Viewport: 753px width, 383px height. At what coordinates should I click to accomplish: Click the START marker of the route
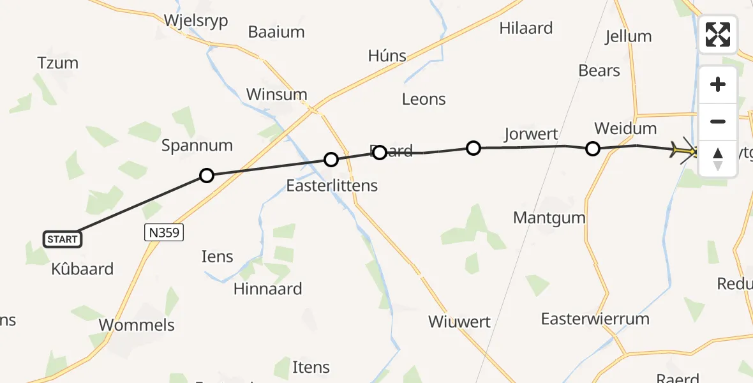[x=63, y=239]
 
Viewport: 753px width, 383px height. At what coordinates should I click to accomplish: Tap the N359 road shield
[x=163, y=234]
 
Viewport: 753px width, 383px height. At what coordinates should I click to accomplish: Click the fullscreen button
[x=718, y=34]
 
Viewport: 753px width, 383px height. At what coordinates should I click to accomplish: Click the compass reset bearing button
[x=718, y=158]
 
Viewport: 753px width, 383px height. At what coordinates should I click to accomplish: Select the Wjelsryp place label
[x=196, y=20]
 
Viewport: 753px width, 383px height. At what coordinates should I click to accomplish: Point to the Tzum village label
[x=58, y=63]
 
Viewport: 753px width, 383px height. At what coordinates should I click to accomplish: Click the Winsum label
[x=276, y=94]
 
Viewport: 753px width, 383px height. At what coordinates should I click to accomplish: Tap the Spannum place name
[x=197, y=146]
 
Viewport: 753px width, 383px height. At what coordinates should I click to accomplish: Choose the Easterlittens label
[x=332, y=186]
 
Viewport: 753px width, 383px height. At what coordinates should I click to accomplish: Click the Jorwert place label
[x=531, y=134]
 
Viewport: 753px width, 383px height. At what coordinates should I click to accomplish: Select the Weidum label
[x=625, y=128]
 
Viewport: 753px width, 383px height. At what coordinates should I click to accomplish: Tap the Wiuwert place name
[x=459, y=322]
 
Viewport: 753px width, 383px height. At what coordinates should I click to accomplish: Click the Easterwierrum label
[x=595, y=319]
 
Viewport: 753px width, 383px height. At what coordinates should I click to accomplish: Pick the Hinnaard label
[x=267, y=289]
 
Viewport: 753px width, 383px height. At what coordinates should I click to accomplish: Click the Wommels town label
[x=137, y=325]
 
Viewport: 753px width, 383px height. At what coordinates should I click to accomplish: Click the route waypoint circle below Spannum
[x=206, y=175]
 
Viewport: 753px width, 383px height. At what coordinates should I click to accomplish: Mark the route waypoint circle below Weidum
[x=592, y=149]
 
